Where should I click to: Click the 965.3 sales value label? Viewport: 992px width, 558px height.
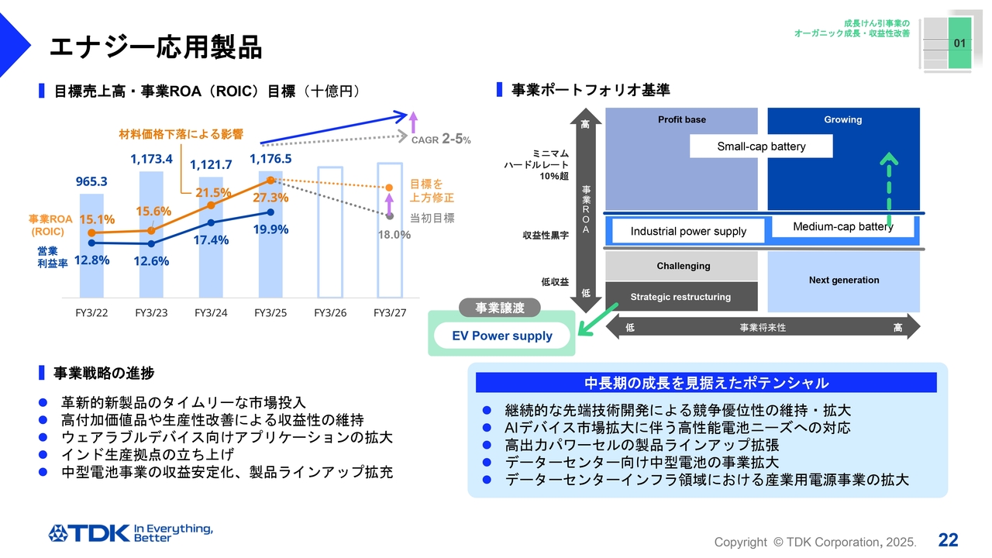tap(91, 181)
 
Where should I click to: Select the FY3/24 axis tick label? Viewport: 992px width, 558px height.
tap(211, 313)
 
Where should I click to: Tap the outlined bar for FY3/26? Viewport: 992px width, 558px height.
tap(330, 232)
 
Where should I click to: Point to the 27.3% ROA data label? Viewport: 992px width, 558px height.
tap(270, 198)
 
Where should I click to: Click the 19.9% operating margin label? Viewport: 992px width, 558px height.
tap(270, 229)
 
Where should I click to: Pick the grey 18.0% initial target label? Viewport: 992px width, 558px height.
tap(394, 235)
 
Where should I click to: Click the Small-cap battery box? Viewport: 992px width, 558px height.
tap(761, 146)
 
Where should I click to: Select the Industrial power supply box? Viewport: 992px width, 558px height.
tap(688, 231)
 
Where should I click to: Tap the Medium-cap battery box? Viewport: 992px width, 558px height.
tap(842, 227)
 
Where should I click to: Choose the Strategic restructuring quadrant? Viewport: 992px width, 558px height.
tap(681, 297)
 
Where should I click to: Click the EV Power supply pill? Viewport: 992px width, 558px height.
tap(501, 336)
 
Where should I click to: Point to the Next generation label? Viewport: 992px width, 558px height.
tap(844, 281)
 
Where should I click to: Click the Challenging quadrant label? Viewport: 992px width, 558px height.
tap(684, 266)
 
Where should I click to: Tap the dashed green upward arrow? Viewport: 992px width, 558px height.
tap(888, 190)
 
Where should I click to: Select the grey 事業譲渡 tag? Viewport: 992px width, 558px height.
tap(500, 308)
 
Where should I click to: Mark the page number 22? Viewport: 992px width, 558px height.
tap(948, 540)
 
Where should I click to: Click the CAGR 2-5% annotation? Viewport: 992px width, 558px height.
tap(441, 139)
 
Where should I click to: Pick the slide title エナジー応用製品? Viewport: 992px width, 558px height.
tap(156, 47)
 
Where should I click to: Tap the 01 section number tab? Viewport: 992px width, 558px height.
tap(959, 43)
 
